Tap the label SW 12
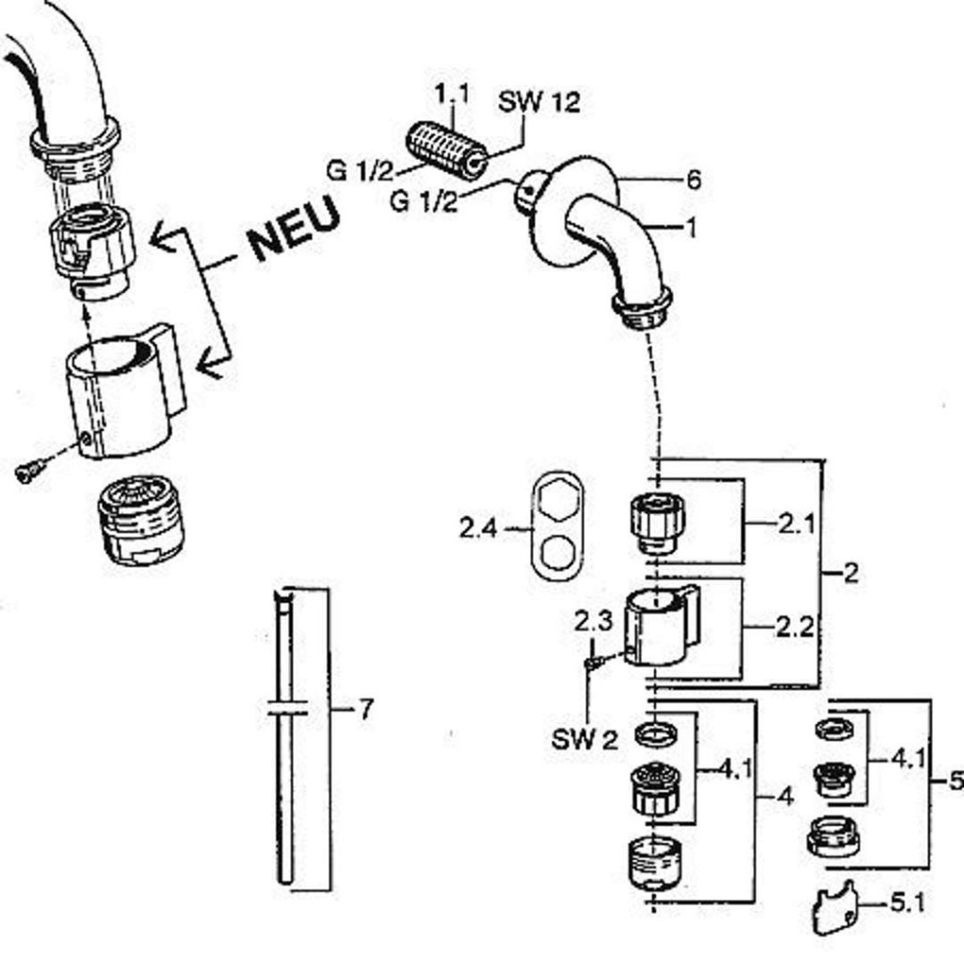[538, 102]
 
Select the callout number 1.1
[451, 94]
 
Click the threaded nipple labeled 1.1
[446, 151]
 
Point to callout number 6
[693, 180]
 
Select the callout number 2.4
[477, 529]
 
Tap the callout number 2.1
[795, 524]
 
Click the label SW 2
[585, 740]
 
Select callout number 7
[366, 709]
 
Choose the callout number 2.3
[593, 621]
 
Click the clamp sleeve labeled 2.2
[661, 625]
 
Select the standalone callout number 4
[786, 797]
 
